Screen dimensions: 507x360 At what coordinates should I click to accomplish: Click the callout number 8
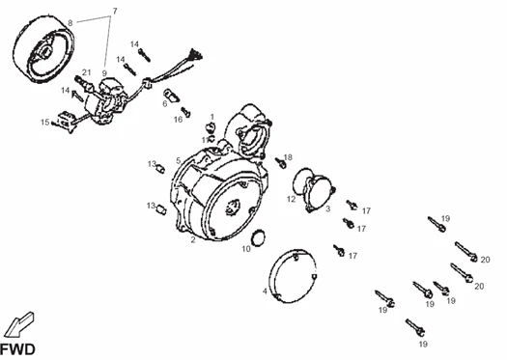click(x=70, y=23)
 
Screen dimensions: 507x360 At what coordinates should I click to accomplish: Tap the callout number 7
click(x=115, y=12)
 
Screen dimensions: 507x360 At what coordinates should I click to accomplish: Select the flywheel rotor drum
click(x=44, y=49)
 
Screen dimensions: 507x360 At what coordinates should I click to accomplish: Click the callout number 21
click(x=86, y=72)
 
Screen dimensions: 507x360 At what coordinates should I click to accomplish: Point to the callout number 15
click(x=45, y=123)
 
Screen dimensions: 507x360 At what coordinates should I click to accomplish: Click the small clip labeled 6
click(x=171, y=95)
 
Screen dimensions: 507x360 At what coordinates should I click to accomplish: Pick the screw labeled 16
click(x=186, y=112)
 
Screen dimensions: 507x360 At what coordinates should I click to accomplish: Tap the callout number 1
click(x=212, y=117)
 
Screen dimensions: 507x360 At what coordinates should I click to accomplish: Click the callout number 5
click(x=178, y=160)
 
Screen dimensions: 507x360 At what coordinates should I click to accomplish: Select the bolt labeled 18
click(x=280, y=162)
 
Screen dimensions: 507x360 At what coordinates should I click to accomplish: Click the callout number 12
click(x=291, y=199)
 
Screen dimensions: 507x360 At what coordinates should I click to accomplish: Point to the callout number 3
click(x=328, y=208)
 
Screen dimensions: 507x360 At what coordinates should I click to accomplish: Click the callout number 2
click(x=193, y=239)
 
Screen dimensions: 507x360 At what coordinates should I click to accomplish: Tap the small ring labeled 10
click(x=258, y=238)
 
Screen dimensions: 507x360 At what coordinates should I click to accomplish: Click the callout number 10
click(x=246, y=249)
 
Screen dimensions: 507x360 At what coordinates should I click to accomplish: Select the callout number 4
click(x=265, y=291)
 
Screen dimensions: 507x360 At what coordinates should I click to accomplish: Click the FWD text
click(x=17, y=349)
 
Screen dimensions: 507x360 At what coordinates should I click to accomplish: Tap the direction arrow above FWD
click(x=18, y=324)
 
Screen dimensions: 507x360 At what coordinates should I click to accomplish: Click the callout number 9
click(x=104, y=73)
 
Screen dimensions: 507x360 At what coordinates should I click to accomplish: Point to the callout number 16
click(x=178, y=120)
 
